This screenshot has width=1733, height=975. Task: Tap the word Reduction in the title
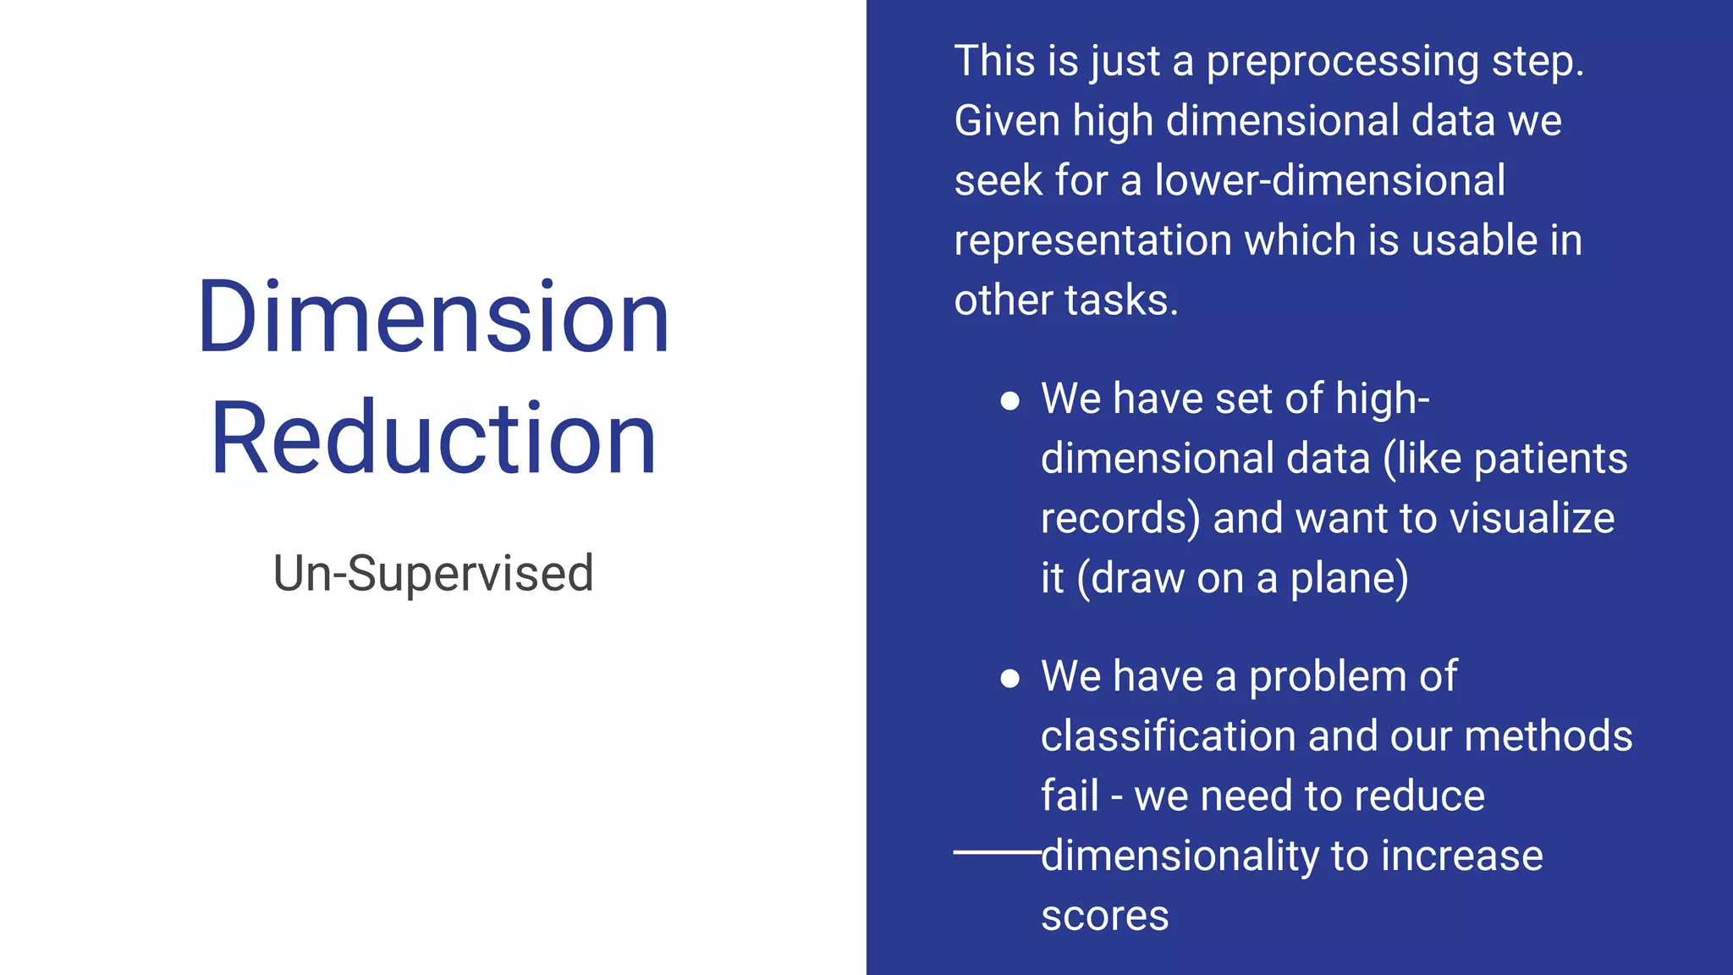coord(433,438)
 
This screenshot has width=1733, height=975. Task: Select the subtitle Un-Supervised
coord(433,573)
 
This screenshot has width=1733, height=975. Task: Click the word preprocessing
coord(1342,63)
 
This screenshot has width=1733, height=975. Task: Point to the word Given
coord(1007,121)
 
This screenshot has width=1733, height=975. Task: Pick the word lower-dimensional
coord(1329,181)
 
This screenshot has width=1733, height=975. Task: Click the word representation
coord(1092,241)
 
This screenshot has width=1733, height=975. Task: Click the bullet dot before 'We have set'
coord(1009,400)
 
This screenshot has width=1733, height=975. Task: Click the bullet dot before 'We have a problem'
coord(1009,678)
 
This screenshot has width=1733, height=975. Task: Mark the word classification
coord(1168,736)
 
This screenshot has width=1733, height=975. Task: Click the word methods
coord(1548,736)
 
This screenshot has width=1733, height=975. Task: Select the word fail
coord(1069,796)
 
